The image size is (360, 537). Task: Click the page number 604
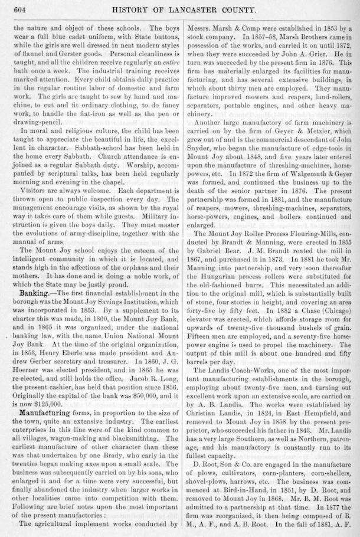point(15,9)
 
